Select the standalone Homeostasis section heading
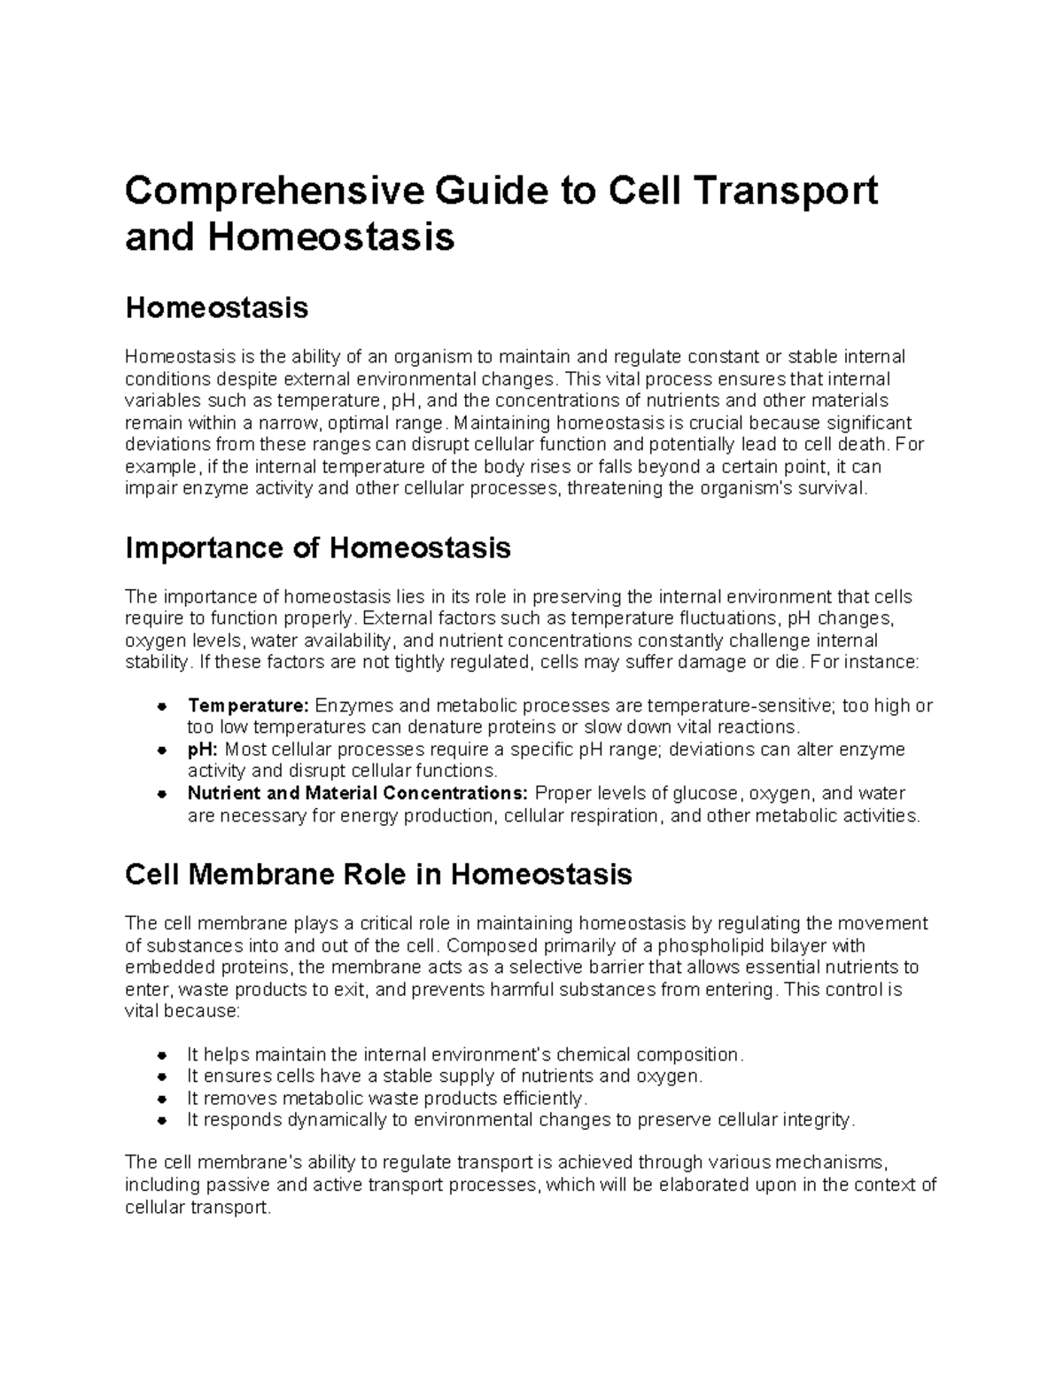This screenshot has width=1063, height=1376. pos(217,308)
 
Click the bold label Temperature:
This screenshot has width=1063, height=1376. pos(248,706)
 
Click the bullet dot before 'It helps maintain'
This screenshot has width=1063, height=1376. pos(162,1055)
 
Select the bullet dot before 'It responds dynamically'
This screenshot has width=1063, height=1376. pos(162,1121)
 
